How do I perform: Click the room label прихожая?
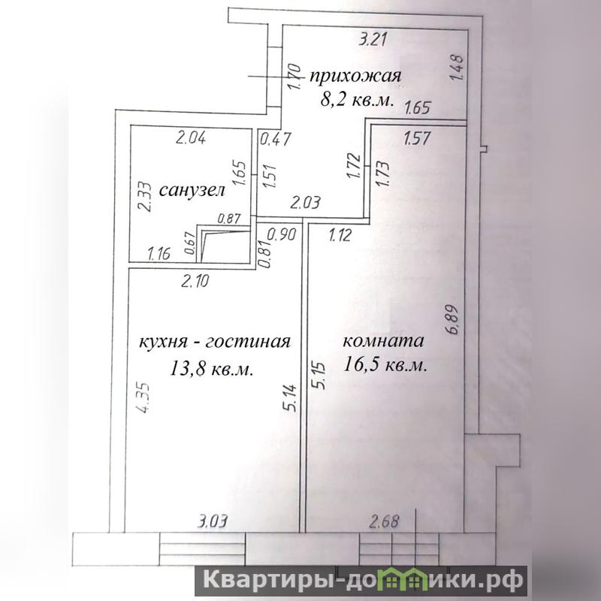pyautogui.click(x=355, y=77)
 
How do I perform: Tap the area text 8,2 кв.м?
pyautogui.click(x=358, y=100)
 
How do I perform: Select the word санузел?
pyautogui.click(x=192, y=190)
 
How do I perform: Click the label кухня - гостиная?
pyautogui.click(x=215, y=341)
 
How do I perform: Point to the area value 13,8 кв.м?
pyautogui.click(x=211, y=369)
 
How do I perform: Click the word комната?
pyautogui.click(x=383, y=341)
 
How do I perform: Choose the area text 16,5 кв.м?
pyautogui.click(x=385, y=364)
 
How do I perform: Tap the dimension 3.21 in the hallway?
pyautogui.click(x=373, y=40)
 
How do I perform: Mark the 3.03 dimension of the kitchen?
pyautogui.click(x=213, y=521)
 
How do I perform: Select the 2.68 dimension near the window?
pyautogui.click(x=384, y=521)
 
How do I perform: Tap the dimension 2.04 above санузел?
pyautogui.click(x=191, y=137)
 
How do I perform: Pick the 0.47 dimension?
pyautogui.click(x=276, y=139)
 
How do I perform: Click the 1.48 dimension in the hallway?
pyautogui.click(x=457, y=68)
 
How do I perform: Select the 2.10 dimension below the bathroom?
pyautogui.click(x=195, y=281)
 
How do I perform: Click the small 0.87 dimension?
pyautogui.click(x=229, y=219)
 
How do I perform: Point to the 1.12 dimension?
pyautogui.click(x=340, y=235)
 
